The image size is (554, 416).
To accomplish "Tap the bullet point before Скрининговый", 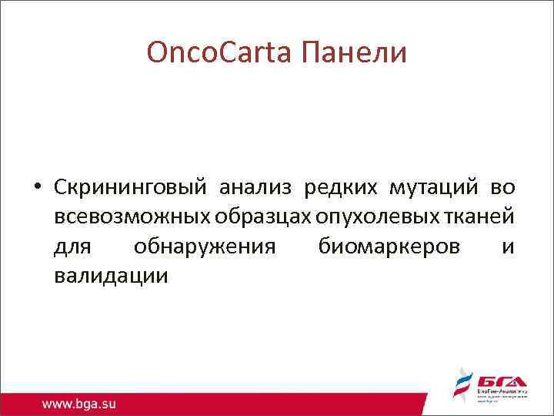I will pyautogui.click(x=36, y=188).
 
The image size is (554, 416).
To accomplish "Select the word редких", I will pyautogui.click(x=342, y=187).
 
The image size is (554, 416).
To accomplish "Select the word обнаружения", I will pyautogui.click(x=204, y=247).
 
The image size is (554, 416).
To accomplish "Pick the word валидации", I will pyautogui.click(x=111, y=277).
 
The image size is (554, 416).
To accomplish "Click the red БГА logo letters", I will pyautogui.click(x=501, y=381).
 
